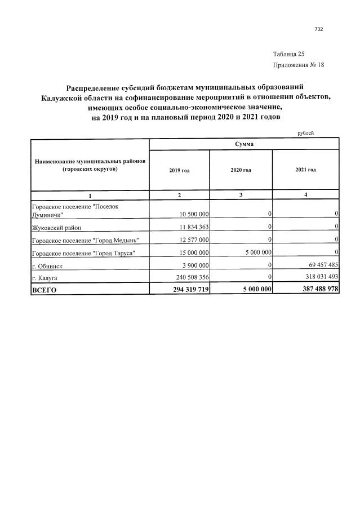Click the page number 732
pos(319,29)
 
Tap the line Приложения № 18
pos(298,65)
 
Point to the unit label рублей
pos(305,133)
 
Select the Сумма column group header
pos(244,144)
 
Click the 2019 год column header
pos(179,170)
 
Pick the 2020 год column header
pos(241,170)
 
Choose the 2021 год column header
pos(305,170)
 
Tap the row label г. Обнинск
pos(46,265)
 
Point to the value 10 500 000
pos(194,214)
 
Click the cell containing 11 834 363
pos(194,227)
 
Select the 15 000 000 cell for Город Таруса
pos(194,252)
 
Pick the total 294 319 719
pos(188,289)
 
